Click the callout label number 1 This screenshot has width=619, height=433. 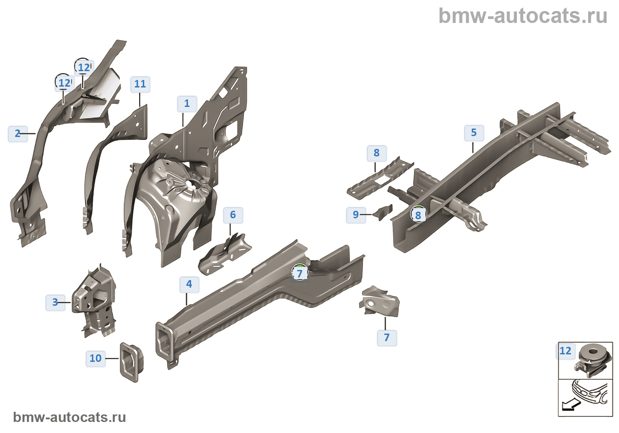[x=187, y=104]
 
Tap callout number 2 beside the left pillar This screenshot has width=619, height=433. [x=18, y=133]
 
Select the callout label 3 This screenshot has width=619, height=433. [x=55, y=303]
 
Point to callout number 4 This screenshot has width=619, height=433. [x=189, y=285]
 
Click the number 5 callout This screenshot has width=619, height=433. [x=474, y=133]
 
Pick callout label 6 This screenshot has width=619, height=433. [x=233, y=215]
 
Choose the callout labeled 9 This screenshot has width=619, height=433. [x=356, y=215]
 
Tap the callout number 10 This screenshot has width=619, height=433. [x=96, y=358]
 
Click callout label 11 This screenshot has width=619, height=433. [x=140, y=84]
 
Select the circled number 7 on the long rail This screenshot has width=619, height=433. [x=300, y=273]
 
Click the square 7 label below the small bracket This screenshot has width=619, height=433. [x=387, y=338]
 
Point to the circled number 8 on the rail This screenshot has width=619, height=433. [x=418, y=215]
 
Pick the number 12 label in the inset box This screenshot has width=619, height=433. [x=566, y=351]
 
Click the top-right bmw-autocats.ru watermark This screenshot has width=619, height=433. [x=523, y=16]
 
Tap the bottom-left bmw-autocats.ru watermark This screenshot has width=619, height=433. [x=69, y=417]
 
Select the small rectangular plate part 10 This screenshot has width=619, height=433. [x=131, y=361]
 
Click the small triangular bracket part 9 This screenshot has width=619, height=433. [x=383, y=212]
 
